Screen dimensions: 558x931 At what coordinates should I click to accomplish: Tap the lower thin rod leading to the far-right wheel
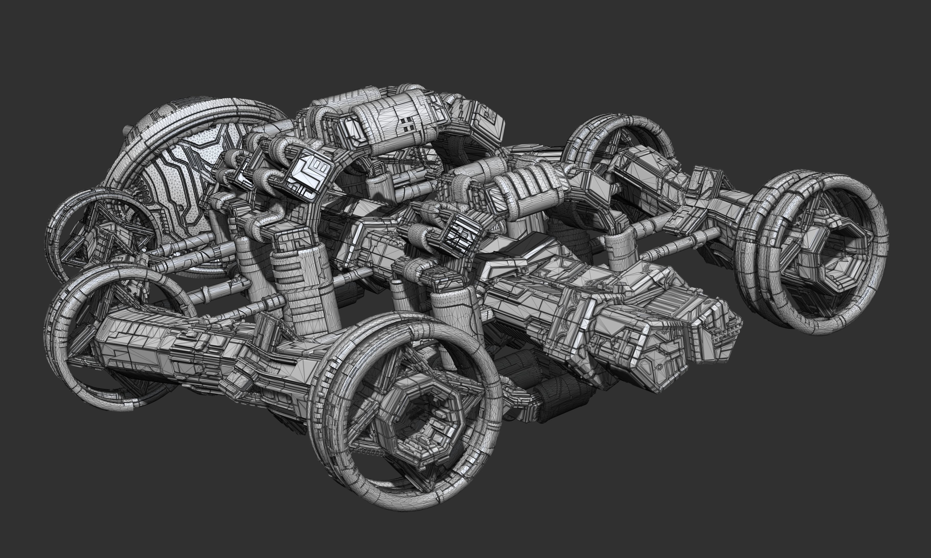pyautogui.click(x=678, y=244)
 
